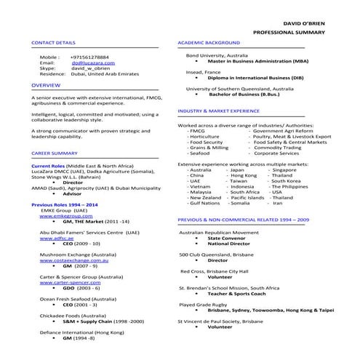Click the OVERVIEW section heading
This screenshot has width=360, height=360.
coord(46,85)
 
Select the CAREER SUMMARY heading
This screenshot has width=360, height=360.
coord(55,154)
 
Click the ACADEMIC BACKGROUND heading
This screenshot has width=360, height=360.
coord(209,43)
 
